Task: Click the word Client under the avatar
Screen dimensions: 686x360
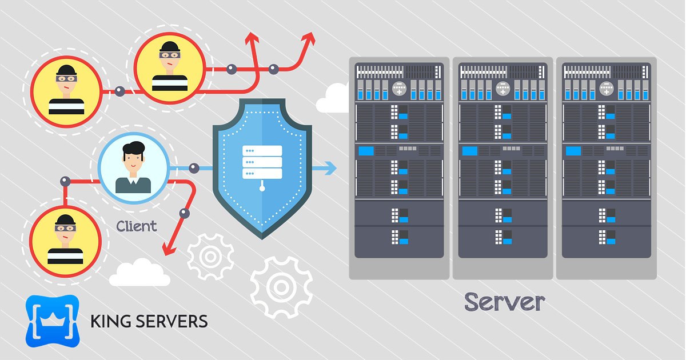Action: [x=136, y=226]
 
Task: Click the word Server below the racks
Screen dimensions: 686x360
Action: [x=504, y=301]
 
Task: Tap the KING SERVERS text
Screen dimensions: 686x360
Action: [x=149, y=321]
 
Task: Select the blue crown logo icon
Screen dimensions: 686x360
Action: [x=53, y=321]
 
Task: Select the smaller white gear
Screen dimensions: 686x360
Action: [x=210, y=256]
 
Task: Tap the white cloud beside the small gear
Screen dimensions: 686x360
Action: [x=139, y=273]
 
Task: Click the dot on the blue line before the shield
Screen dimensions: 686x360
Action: [x=194, y=168]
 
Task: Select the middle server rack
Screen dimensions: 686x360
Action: [x=503, y=160]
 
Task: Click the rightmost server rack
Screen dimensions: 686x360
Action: [x=607, y=160]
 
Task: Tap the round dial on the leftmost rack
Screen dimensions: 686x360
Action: [x=399, y=89]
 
